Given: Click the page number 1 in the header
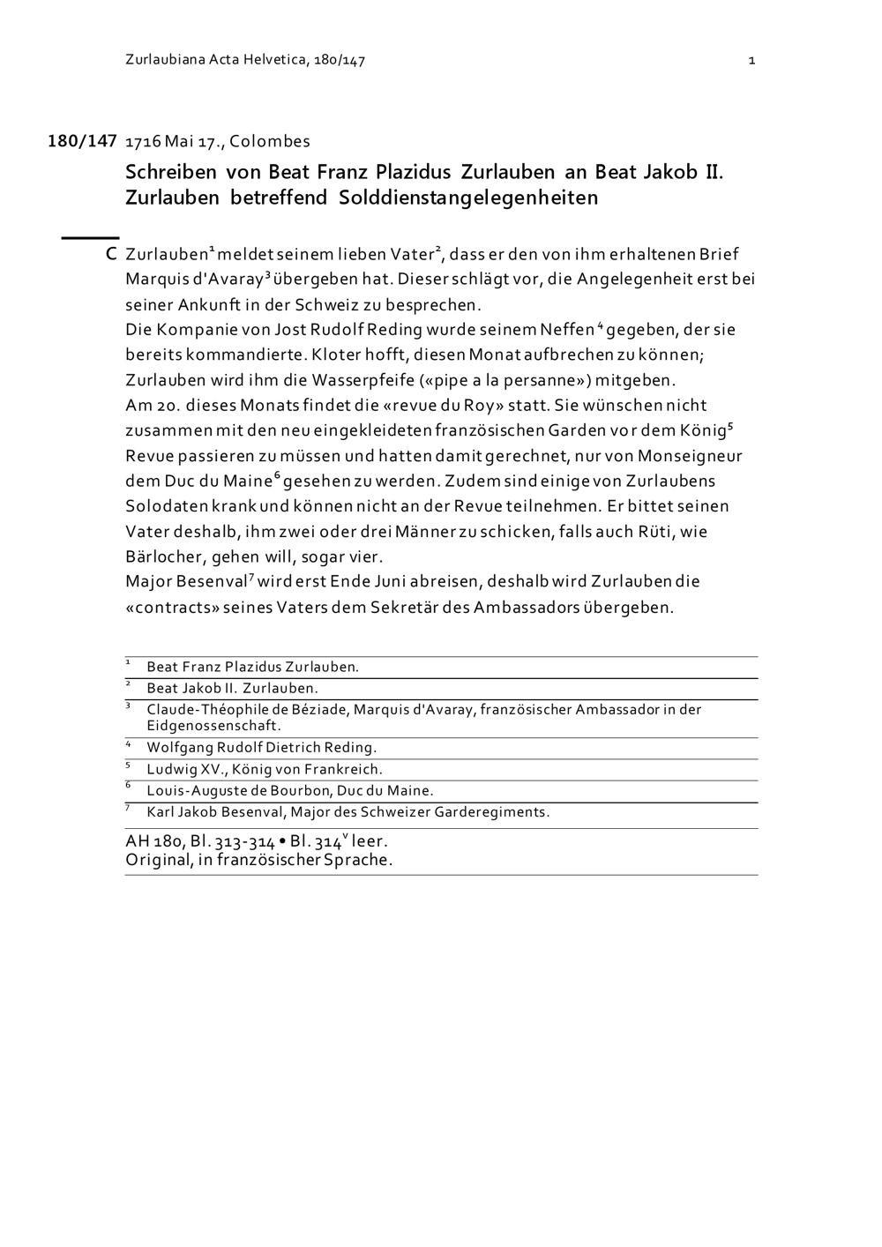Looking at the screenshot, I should tap(751, 61).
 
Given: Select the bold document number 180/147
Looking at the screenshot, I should tap(82, 141).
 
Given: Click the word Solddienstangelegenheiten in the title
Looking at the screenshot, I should tap(468, 198).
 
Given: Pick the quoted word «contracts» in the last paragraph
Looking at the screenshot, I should tap(170, 608).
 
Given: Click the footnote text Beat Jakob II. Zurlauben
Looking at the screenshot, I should tap(232, 689).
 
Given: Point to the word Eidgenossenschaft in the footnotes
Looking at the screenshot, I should tap(213, 726).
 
